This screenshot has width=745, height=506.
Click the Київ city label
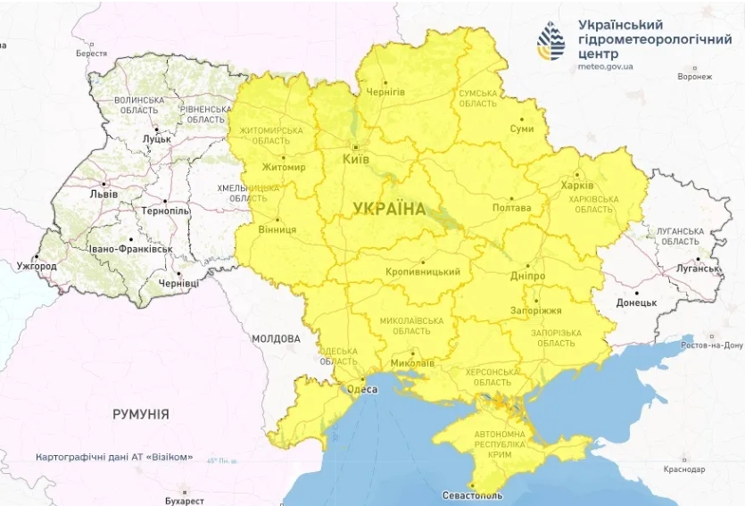coord(356,158)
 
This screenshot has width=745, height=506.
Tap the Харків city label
coord(577,186)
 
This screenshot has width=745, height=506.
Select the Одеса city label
coord(360,389)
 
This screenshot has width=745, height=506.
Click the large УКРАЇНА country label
coord(390,209)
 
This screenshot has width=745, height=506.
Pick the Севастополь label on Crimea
coord(472,495)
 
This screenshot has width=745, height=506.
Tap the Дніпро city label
coord(529,276)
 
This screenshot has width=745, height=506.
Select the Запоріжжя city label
coord(537,311)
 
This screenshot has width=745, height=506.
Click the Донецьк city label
coord(636,303)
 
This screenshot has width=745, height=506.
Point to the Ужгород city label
coord(37,266)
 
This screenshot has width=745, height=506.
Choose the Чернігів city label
coord(385,92)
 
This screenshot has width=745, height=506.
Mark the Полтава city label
coord(511,208)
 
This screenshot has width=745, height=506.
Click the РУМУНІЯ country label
coord(141,415)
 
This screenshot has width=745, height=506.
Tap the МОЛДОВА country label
coord(276,339)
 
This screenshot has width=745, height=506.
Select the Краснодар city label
coord(684,469)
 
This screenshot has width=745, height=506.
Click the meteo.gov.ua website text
coord(606,66)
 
